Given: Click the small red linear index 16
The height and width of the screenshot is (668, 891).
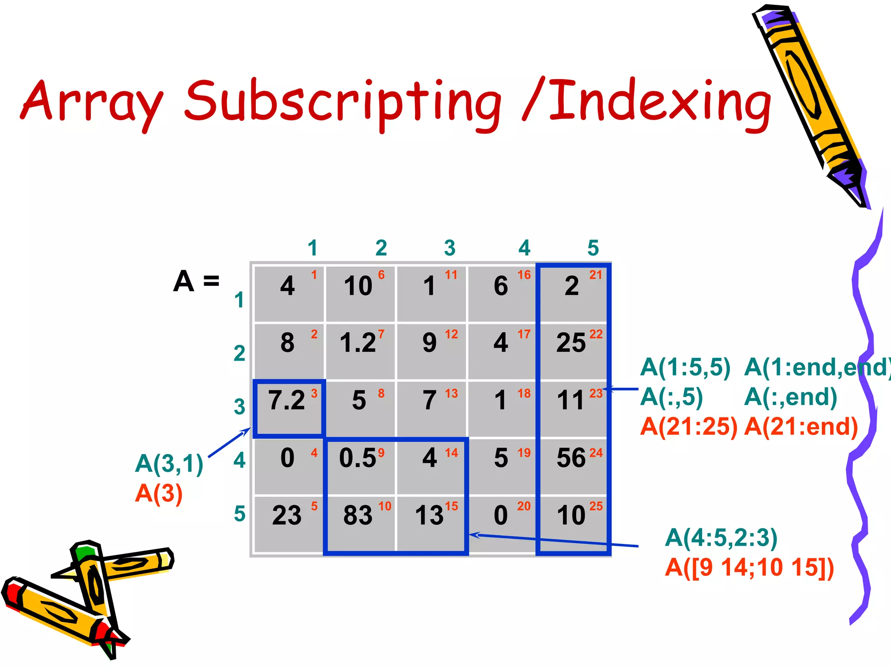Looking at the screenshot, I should pos(524,275).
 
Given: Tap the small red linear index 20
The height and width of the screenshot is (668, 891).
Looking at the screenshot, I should pos(524,506).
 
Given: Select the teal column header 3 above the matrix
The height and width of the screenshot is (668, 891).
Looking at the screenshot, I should pos(450,248).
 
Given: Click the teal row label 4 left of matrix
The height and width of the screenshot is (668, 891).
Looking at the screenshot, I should pos(240,460).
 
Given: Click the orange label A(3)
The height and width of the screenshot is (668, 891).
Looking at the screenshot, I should pos(159,494).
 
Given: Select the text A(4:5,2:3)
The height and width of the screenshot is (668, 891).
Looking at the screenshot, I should pos(721,538).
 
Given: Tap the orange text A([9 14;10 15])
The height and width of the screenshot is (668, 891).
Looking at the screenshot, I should pos(749,568).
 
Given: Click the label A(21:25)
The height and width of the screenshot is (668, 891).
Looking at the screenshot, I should pos(689,427).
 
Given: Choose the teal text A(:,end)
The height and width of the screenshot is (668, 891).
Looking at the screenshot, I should pos(791,397).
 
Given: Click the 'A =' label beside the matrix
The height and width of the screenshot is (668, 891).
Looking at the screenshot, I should pos(196,281).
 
